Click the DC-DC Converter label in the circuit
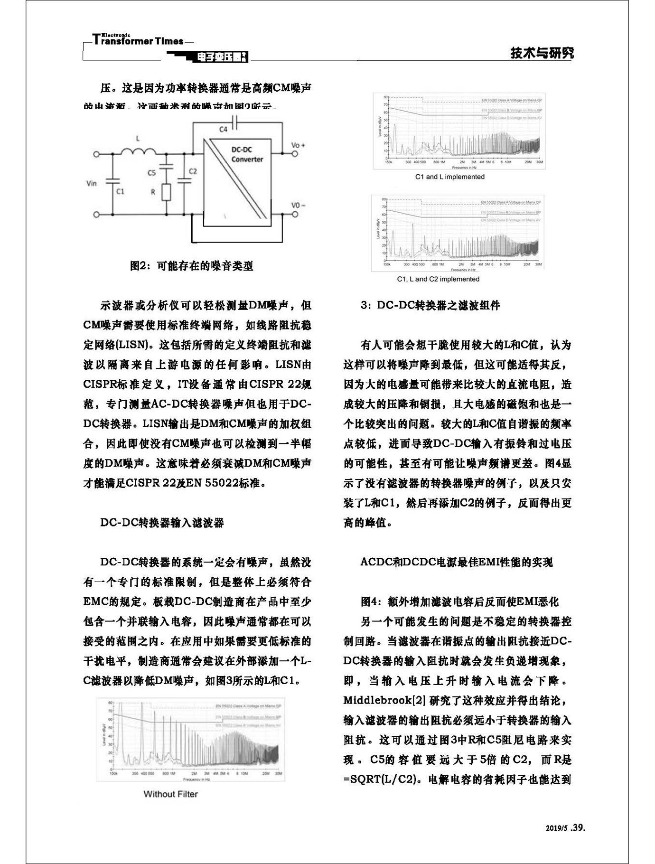[x=247, y=154]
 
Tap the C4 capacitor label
[x=223, y=129]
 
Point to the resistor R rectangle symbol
[x=166, y=192]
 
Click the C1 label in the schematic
[x=120, y=191]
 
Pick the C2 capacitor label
[x=192, y=171]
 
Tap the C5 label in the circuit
[x=151, y=173]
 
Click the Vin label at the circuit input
[x=92, y=183]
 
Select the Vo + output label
[x=298, y=145]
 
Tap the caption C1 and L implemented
[x=449, y=177]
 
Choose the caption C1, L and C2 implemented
[x=438, y=279]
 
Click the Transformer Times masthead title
[x=138, y=40]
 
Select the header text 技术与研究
[x=542, y=53]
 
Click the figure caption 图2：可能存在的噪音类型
[x=191, y=266]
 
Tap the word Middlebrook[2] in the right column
[x=384, y=701]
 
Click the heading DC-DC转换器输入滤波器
[x=162, y=523]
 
